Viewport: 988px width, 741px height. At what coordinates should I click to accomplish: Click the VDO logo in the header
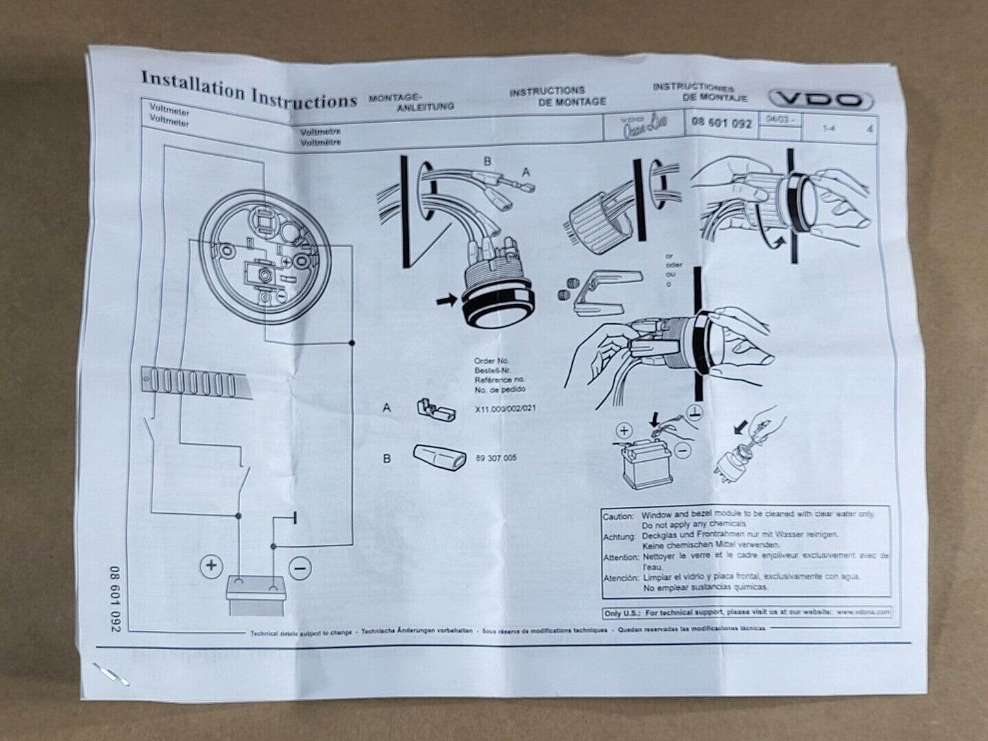click(821, 100)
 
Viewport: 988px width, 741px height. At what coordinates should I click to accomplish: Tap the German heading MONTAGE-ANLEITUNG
click(412, 102)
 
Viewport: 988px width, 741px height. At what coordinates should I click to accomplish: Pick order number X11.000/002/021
click(504, 409)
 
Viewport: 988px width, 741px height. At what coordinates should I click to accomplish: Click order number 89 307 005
click(496, 458)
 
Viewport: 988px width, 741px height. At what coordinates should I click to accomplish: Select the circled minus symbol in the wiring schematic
click(300, 567)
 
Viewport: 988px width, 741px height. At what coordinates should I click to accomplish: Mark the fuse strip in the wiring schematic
click(193, 381)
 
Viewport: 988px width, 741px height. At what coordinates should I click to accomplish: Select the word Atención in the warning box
click(620, 578)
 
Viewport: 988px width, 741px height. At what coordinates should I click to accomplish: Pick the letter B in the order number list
click(387, 458)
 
